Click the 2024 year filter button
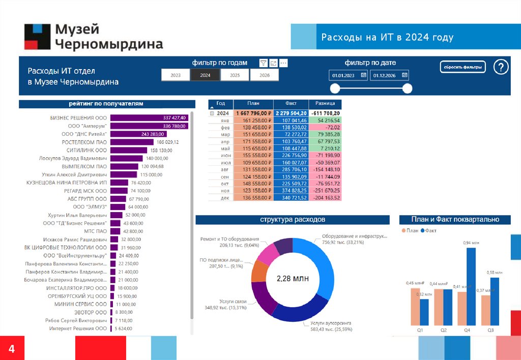pyautogui.click(x=205, y=75)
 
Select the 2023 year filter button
pyautogui.click(x=176, y=75)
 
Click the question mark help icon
pyautogui.click(x=501, y=67)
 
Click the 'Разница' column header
pyautogui.click(x=325, y=103)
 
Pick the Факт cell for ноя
pyautogui.click(x=291, y=191)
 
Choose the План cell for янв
pyautogui.click(x=253, y=121)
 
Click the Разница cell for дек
pyautogui.click(x=325, y=198)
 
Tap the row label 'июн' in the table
pyautogui.click(x=226, y=156)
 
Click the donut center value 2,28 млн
pyautogui.click(x=293, y=279)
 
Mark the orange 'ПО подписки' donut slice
pyautogui.click(x=259, y=272)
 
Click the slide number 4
pyautogui.click(x=11, y=349)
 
